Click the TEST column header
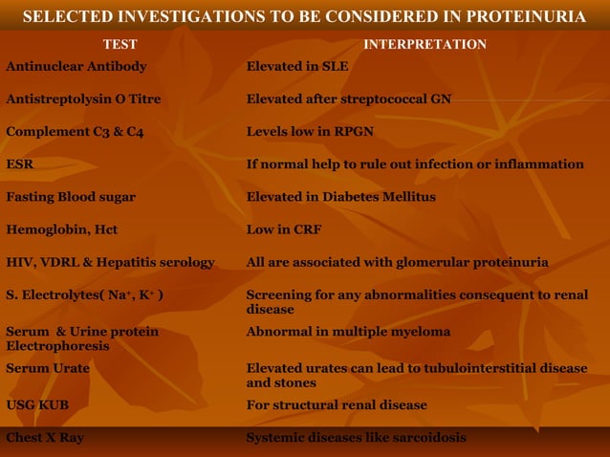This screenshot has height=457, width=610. tap(120, 44)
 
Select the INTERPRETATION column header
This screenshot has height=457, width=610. tap(425, 44)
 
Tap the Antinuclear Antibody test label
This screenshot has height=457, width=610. tap(76, 67)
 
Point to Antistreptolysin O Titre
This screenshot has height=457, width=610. tap(83, 99)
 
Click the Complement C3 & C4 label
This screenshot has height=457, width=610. tap(75, 132)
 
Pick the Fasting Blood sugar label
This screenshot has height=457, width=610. tap(71, 197)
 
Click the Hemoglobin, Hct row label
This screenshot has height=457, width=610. tap(62, 229)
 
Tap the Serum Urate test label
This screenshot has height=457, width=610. tap(48, 368)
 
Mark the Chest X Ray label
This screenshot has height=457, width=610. tap(45, 438)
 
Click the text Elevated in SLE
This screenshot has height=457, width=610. tap(297, 67)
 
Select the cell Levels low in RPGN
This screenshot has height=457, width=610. tap(310, 132)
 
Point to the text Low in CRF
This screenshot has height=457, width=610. tap(284, 229)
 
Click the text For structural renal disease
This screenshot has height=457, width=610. tap(337, 405)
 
